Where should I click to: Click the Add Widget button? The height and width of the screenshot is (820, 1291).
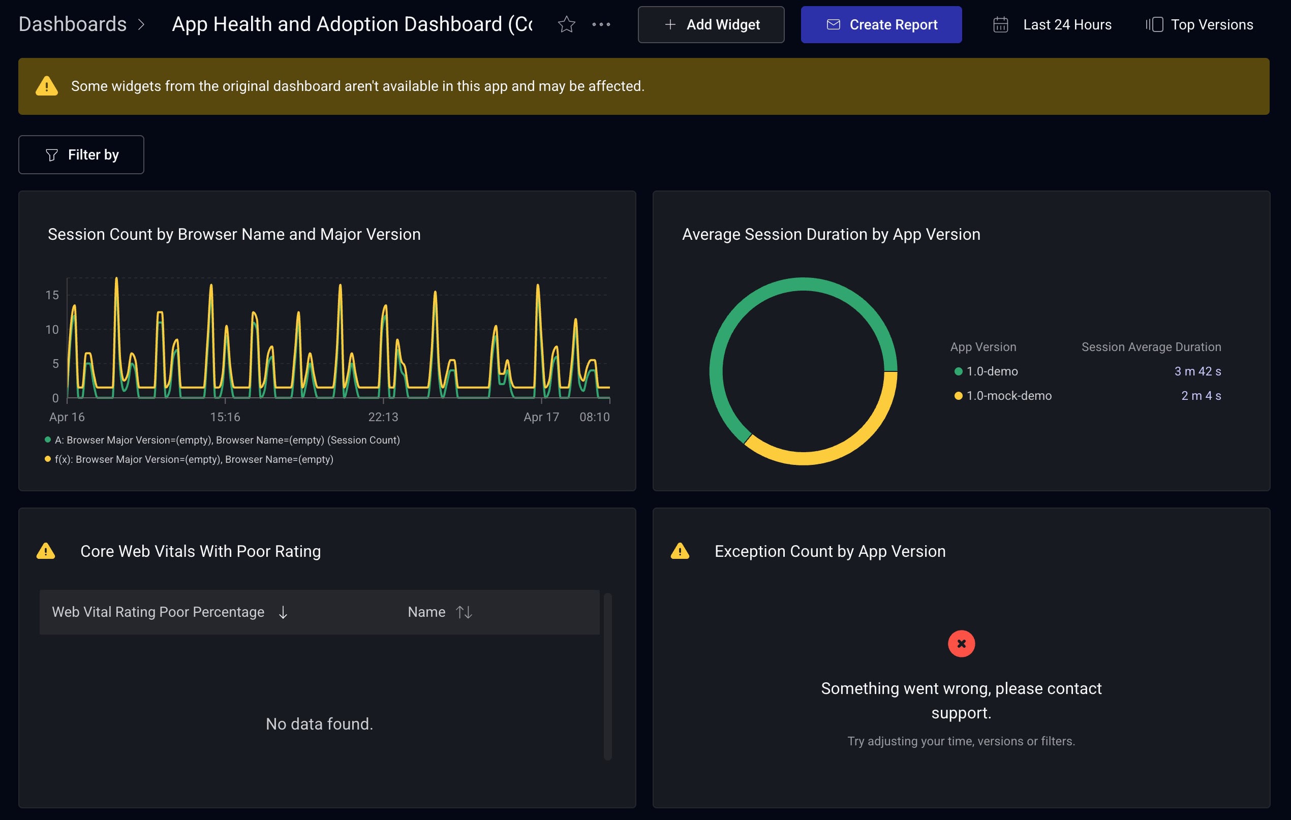(711, 25)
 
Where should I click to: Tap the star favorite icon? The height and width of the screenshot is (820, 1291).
(566, 25)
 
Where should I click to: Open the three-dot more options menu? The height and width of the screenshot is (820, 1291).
(601, 25)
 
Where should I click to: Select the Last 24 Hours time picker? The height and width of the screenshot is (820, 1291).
(1053, 25)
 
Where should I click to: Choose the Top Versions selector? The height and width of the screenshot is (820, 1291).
(1200, 25)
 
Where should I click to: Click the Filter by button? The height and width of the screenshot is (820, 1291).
(81, 155)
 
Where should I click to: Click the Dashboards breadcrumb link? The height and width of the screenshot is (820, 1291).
(72, 24)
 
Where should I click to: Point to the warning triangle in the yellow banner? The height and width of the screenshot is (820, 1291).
(47, 86)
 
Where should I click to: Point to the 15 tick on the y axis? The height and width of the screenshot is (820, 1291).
(52, 295)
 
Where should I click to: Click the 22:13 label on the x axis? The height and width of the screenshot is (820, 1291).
(383, 417)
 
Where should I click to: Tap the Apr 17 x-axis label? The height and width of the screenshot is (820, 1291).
(541, 417)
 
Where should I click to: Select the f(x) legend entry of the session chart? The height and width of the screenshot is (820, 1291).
(193, 459)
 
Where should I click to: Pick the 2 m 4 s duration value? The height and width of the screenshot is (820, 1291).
(1201, 396)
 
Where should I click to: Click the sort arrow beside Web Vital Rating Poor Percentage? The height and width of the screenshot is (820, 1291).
(283, 612)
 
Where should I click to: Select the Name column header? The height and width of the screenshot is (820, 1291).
(426, 612)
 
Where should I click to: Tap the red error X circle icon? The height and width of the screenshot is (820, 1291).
(961, 644)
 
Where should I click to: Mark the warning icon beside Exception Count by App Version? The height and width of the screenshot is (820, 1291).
(680, 551)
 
